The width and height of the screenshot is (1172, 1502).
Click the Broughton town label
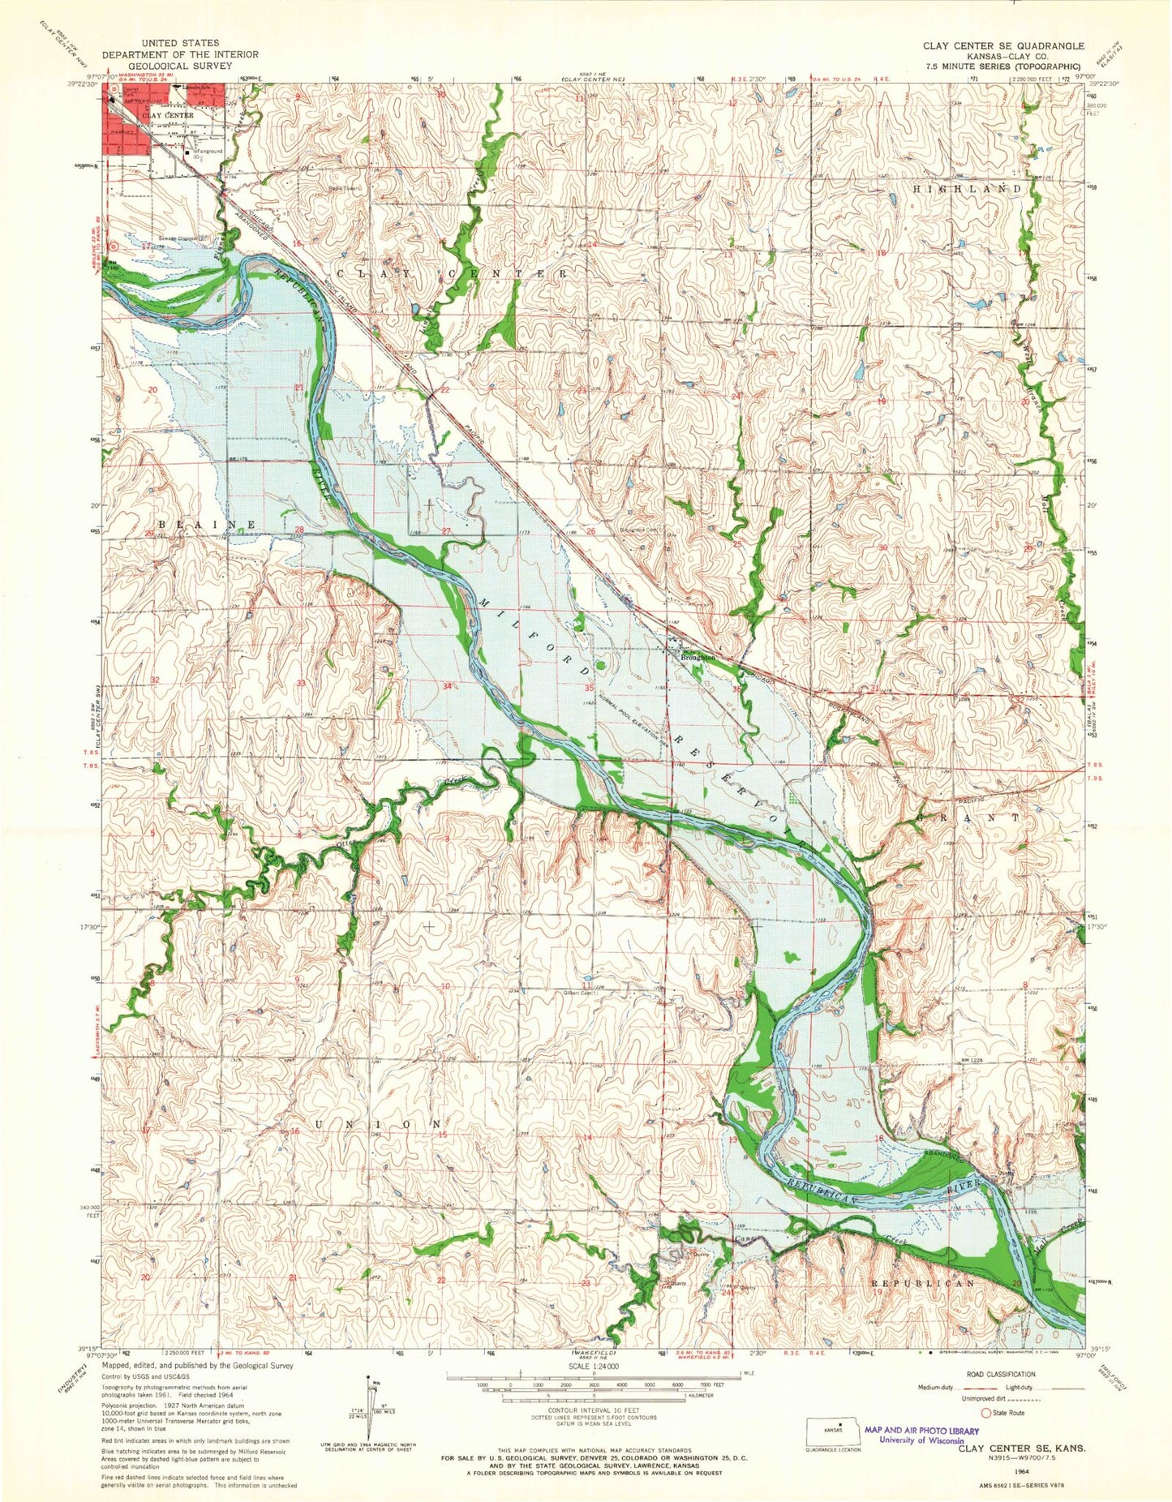[698, 658]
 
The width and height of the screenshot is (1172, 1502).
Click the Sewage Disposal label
[178, 238]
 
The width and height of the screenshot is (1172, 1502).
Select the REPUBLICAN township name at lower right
[922, 1284]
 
